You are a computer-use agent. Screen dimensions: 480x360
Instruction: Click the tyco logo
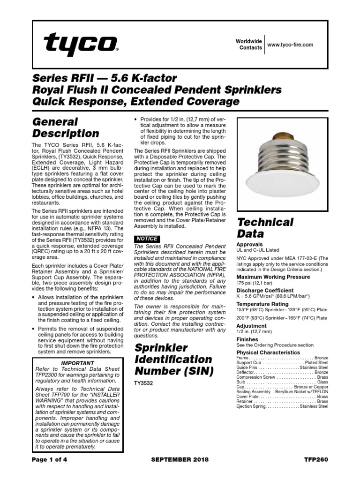[x=80, y=45]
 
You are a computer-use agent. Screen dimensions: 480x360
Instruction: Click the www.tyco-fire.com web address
[x=290, y=45]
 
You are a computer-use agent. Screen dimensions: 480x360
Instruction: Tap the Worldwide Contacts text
[x=248, y=45]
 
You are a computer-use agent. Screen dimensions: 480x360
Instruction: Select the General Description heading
[x=65, y=127]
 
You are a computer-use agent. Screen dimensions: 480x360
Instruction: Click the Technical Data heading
[x=265, y=228]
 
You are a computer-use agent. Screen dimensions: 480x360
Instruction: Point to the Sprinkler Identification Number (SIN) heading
[x=173, y=360]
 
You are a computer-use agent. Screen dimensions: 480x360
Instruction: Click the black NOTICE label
[x=146, y=239]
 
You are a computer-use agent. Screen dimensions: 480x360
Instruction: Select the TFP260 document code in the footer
[x=317, y=459]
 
